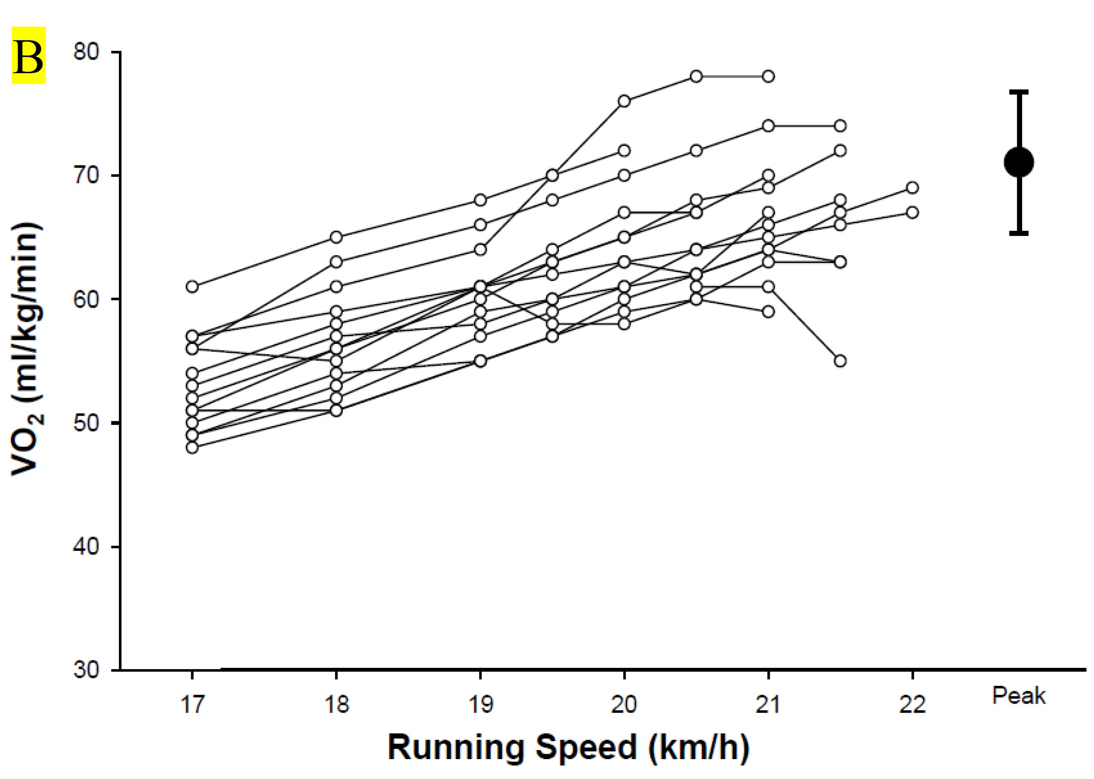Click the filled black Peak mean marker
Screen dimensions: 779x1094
(1018, 162)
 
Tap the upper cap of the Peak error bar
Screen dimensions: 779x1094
(1018, 91)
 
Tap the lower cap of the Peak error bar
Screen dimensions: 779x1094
(1018, 233)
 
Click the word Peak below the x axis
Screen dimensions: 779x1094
(1018, 696)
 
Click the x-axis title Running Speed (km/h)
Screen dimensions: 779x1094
(568, 747)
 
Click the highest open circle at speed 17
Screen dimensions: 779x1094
(192, 287)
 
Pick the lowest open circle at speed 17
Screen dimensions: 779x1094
(192, 447)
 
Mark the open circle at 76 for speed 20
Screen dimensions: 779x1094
(624, 101)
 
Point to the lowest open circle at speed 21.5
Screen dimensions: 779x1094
(840, 361)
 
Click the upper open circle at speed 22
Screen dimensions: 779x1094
(912, 188)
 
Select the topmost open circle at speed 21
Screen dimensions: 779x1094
(768, 76)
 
